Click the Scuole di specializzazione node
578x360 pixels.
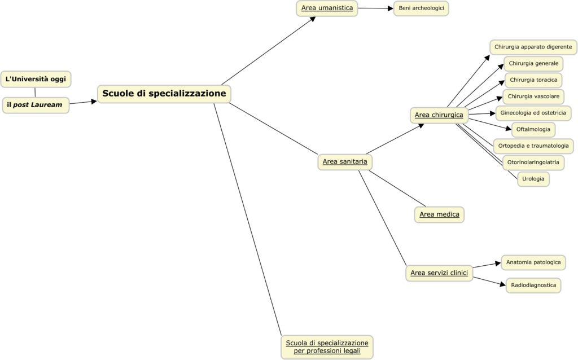[164, 94]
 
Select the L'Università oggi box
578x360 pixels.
[36, 79]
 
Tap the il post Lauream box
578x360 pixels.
[36, 105]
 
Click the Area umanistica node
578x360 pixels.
[327, 8]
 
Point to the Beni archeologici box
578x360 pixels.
[421, 8]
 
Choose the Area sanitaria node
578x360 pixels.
[345, 161]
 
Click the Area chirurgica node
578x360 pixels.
[439, 115]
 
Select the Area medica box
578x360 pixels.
[439, 214]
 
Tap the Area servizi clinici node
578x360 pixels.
[439, 273]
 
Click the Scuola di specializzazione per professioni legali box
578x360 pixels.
[327, 346]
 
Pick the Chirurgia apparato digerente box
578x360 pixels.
[533, 47]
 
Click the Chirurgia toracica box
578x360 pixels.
[533, 80]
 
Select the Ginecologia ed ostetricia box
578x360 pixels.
[533, 113]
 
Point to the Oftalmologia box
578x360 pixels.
[533, 129]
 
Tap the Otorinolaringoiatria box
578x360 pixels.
[533, 162]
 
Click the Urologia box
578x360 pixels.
[533, 179]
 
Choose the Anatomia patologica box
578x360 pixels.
[533, 262]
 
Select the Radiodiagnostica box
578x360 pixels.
[533, 285]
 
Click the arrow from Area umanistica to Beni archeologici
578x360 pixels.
[375, 8]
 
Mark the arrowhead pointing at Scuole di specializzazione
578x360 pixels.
[94, 102]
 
